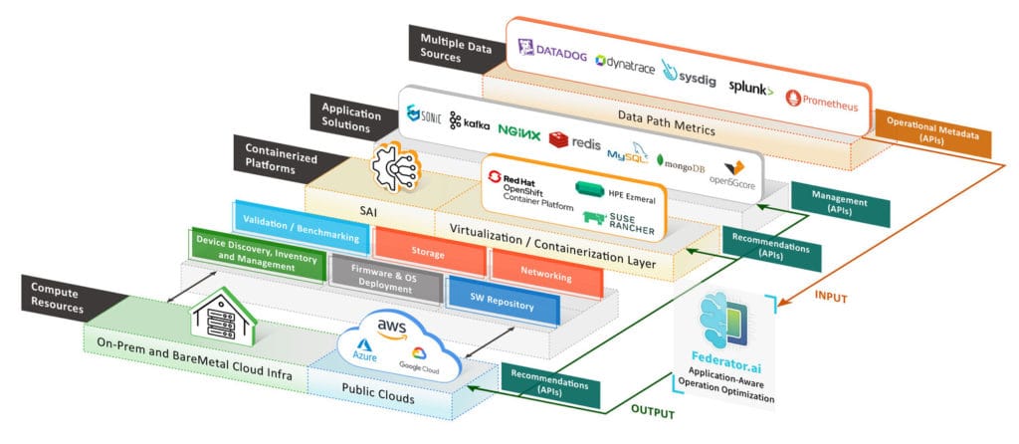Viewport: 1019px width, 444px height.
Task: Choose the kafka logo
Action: click(470, 120)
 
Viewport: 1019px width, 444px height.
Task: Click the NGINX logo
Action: click(518, 130)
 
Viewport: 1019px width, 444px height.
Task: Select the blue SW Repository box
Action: click(504, 303)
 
